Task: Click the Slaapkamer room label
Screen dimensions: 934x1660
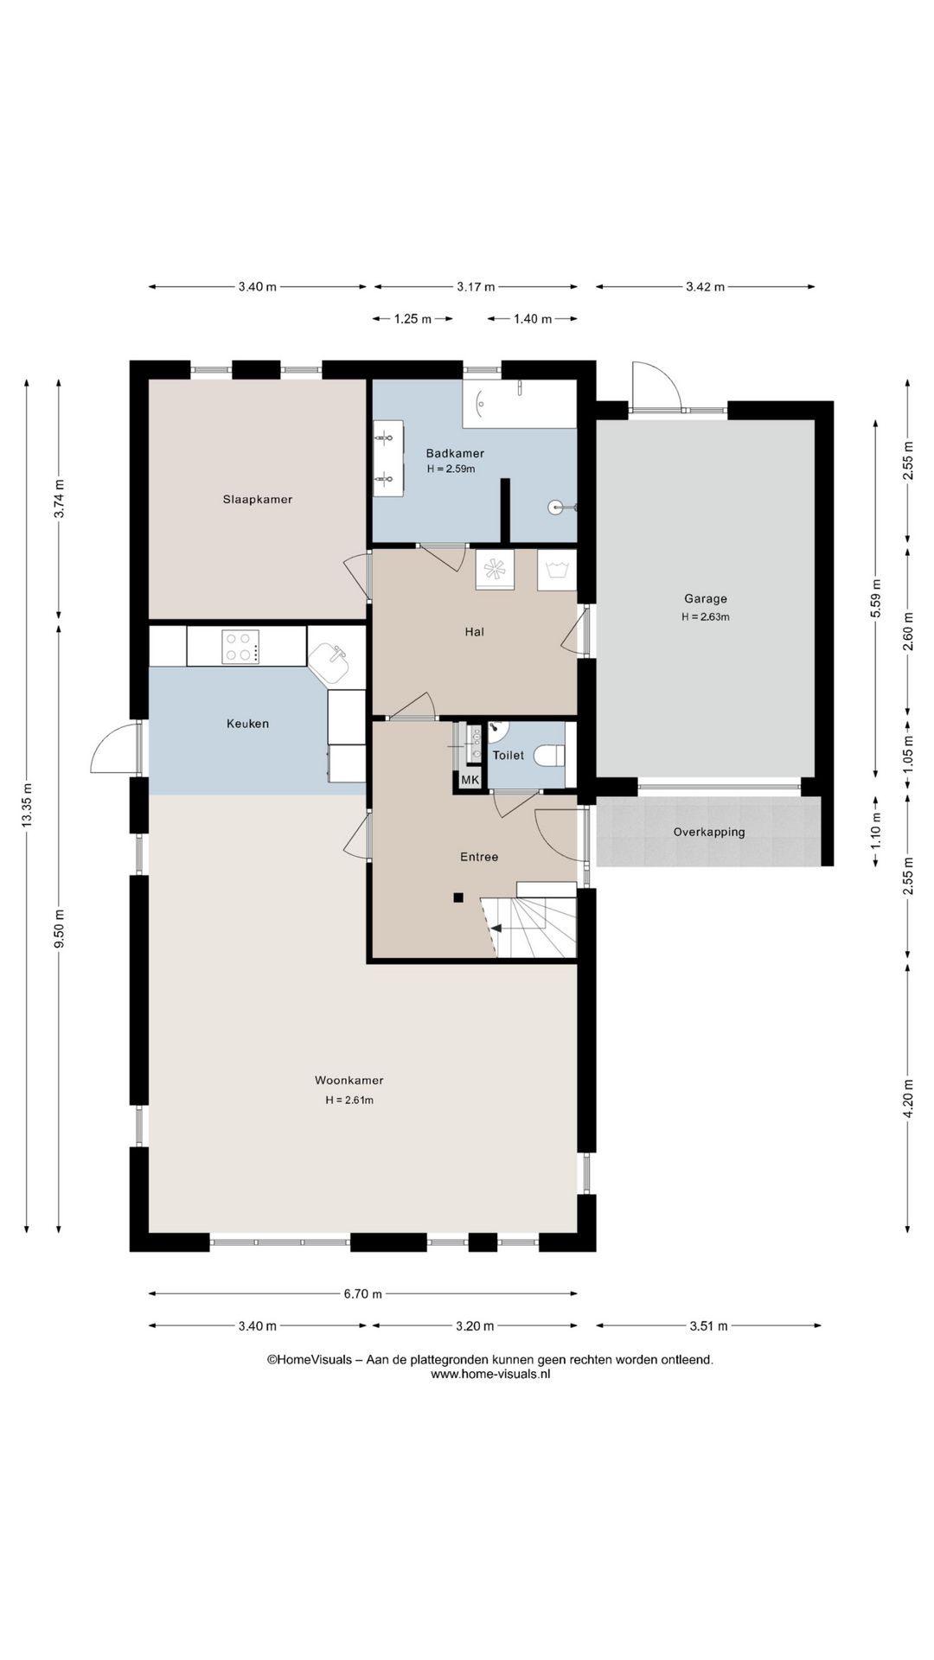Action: pyautogui.click(x=258, y=500)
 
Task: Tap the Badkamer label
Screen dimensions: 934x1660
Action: pyautogui.click(x=455, y=453)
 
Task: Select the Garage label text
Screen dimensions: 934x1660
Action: pyautogui.click(x=706, y=598)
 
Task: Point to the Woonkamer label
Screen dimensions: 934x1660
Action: pyautogui.click(x=349, y=1081)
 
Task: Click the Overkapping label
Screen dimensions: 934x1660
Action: pyautogui.click(x=709, y=833)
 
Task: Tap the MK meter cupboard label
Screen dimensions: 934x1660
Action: pyautogui.click(x=470, y=780)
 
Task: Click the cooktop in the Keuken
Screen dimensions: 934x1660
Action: pyautogui.click(x=241, y=647)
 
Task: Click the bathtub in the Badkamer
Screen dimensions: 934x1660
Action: pyautogui.click(x=519, y=403)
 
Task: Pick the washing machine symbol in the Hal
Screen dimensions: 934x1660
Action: pyautogui.click(x=557, y=570)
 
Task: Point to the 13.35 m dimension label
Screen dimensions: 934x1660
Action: pyautogui.click(x=27, y=805)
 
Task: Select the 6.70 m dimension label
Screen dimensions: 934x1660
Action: pyautogui.click(x=362, y=1294)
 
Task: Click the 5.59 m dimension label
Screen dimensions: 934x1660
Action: pyautogui.click(x=875, y=597)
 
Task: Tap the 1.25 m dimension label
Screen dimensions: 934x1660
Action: pyautogui.click(x=413, y=319)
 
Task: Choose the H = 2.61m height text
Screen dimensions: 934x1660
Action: pyautogui.click(x=349, y=1101)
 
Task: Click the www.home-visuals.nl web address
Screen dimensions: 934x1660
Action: pyautogui.click(x=490, y=1374)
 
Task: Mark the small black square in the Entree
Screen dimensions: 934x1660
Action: pyautogui.click(x=458, y=897)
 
